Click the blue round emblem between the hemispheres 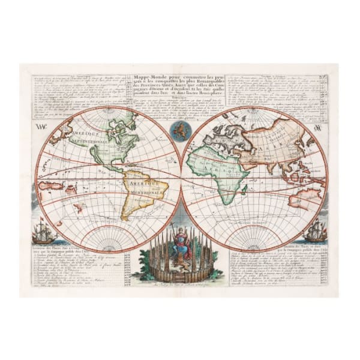(181, 130)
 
